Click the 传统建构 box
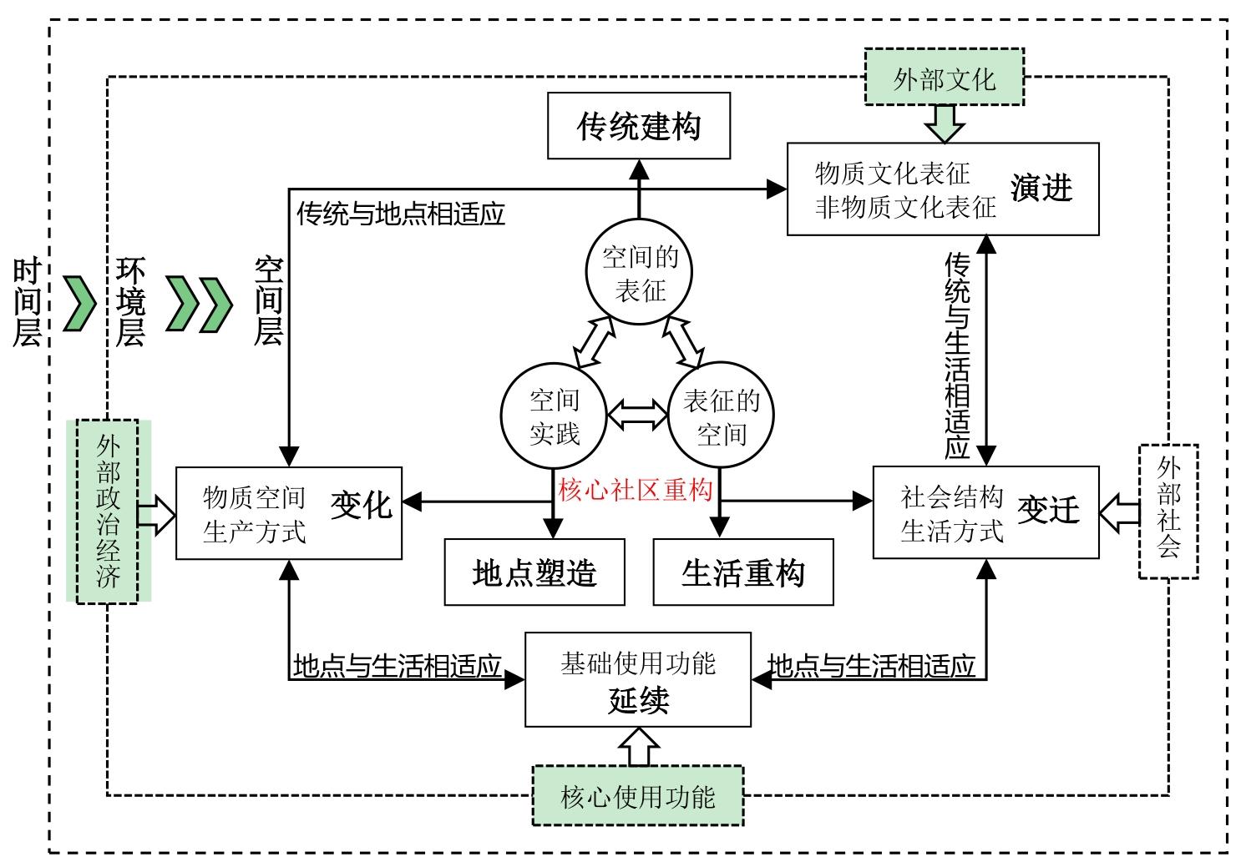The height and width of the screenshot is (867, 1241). pos(639,126)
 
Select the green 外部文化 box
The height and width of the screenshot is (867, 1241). pos(945,78)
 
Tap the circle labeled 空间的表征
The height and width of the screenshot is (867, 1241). pos(640,272)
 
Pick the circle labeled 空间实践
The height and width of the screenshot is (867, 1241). pos(554,416)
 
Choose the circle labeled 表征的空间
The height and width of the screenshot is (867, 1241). pos(721,416)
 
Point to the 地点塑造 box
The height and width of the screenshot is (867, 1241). pos(534,572)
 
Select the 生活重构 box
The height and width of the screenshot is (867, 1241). pos(743,572)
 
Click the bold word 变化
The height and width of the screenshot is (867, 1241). pos(361,506)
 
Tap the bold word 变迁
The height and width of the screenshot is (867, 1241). pos(1048,509)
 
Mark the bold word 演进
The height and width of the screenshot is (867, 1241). pos(1041,189)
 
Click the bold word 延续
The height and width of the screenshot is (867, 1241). pos(638,700)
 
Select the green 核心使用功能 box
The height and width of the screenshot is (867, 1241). pos(638,796)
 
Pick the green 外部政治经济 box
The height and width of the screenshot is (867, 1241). pos(108,511)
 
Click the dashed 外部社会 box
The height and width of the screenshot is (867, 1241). pos(1168,511)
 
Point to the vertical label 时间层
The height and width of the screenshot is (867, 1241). pos(27,301)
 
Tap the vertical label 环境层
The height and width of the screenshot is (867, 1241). pos(130,301)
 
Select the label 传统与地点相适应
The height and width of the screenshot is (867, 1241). pos(401,214)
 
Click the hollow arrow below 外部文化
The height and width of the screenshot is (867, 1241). pos(945,123)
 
